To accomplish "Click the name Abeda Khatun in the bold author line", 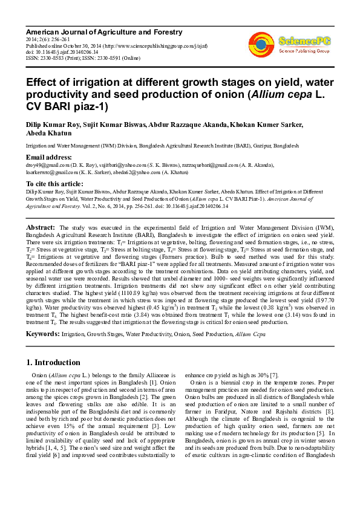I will click(x=45, y=134).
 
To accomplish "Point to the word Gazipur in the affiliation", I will click(x=260, y=146).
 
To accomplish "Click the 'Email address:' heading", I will click(x=48, y=157).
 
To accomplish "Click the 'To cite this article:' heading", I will click(x=54, y=183).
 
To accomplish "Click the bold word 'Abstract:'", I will click(x=41, y=227).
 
